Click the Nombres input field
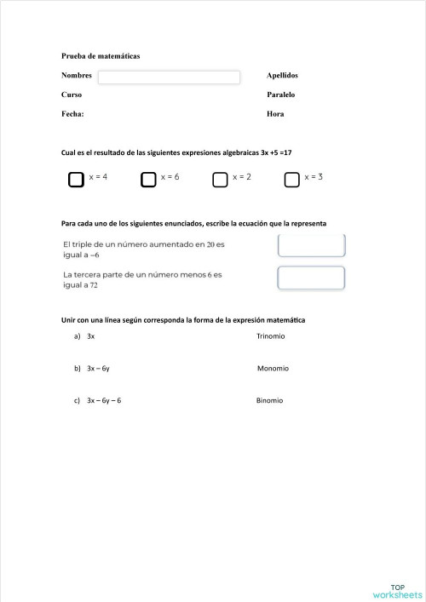169,77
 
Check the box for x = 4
76,179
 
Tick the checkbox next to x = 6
148,179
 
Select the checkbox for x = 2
220,179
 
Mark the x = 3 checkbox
292,179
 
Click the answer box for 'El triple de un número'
311,246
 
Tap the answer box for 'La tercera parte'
311,278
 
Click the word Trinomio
270,336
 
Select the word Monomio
273,369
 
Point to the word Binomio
269,400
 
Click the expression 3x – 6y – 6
104,400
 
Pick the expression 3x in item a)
90,336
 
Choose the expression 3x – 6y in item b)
98,369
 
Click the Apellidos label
282,76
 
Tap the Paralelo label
281,95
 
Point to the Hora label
275,113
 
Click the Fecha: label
72,113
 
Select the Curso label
72,95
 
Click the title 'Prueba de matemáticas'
101,56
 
